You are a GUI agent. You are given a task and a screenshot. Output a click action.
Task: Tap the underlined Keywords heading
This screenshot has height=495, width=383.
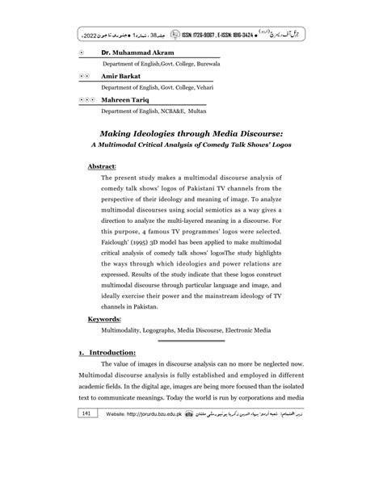(104, 320)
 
